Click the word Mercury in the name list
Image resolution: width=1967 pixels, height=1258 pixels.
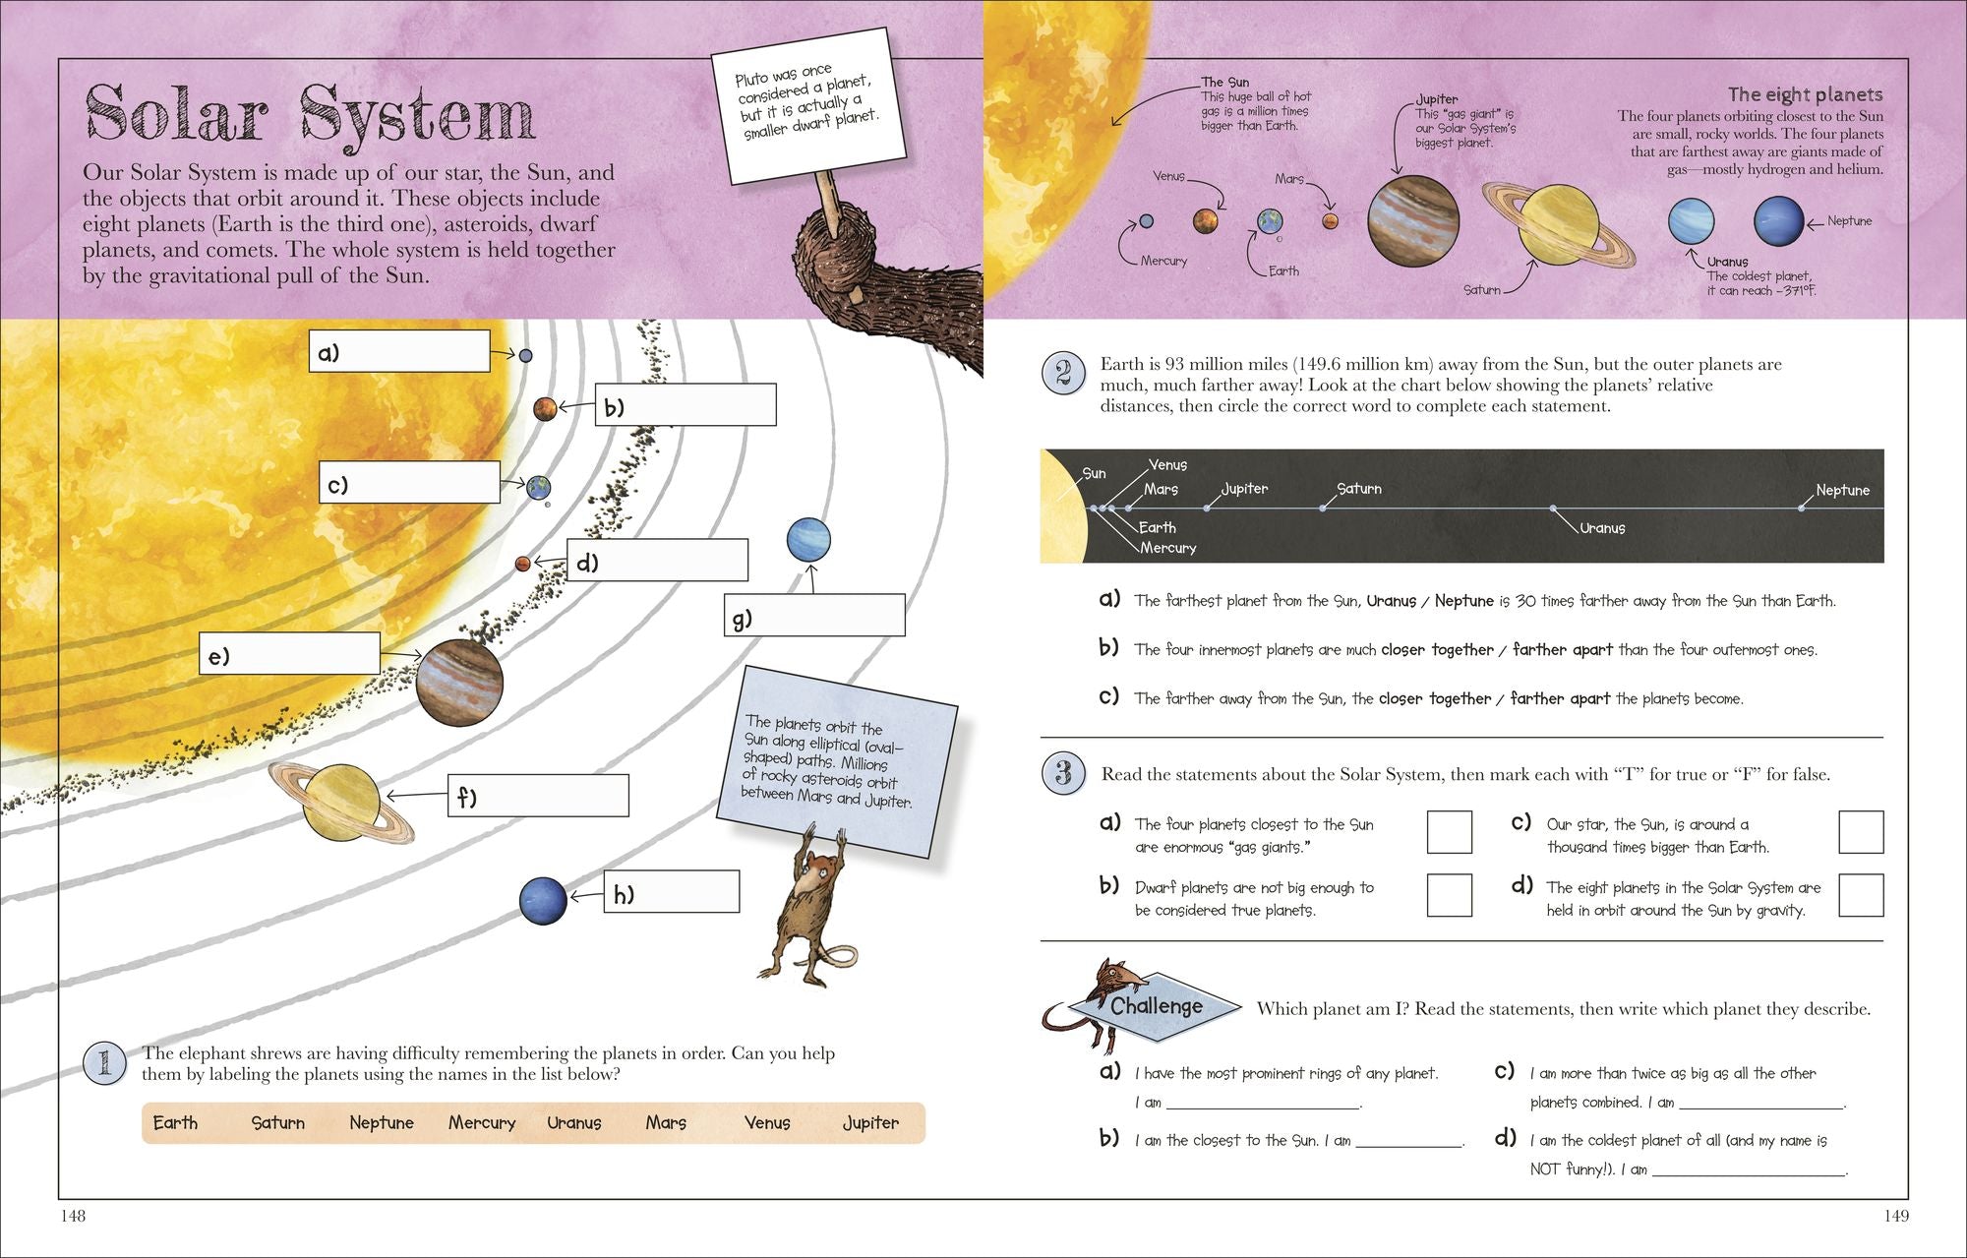[x=482, y=1122]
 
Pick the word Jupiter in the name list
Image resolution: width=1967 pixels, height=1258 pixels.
[x=870, y=1122]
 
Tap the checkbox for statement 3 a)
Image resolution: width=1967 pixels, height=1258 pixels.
[x=1449, y=832]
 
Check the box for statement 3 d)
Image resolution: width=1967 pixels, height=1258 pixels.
[x=1860, y=895]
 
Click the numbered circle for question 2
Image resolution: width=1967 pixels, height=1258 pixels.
[x=1063, y=374]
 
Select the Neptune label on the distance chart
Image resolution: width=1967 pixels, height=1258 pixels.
[x=1842, y=490]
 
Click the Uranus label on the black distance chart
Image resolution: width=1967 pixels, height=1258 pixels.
[x=1602, y=528]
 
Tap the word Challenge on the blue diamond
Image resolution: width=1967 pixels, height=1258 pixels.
[x=1156, y=1006]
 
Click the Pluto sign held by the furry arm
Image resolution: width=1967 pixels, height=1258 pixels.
[x=807, y=104]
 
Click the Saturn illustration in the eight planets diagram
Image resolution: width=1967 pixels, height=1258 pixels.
[x=1559, y=225]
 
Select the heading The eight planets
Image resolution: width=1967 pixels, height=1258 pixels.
[x=1805, y=94]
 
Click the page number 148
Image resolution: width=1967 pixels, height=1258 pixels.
[x=74, y=1216]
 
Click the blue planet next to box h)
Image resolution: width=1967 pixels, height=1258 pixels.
[x=543, y=900]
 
